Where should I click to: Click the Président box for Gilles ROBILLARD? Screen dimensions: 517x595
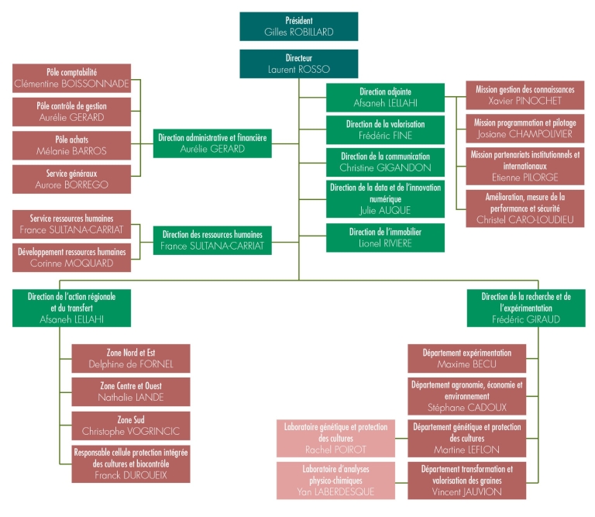pyautogui.click(x=298, y=26)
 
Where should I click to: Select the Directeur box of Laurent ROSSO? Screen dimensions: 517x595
pyautogui.click(x=298, y=64)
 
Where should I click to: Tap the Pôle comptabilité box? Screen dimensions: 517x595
pyautogui.click(x=71, y=77)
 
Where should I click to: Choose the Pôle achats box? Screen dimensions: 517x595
pyautogui.click(x=71, y=145)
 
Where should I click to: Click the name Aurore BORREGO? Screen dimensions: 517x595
pyautogui.click(x=71, y=185)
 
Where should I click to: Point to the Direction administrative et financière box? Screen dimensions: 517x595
pyautogui.click(x=212, y=143)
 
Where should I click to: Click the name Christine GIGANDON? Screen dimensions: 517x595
pyautogui.click(x=385, y=167)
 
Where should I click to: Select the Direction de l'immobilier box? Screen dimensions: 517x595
pyautogui.click(x=385, y=237)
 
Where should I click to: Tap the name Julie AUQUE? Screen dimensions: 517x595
pyautogui.click(x=385, y=210)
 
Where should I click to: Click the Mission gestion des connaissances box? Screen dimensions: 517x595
pyautogui.click(x=525, y=95)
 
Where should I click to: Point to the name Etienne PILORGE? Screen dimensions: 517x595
pyautogui.click(x=525, y=178)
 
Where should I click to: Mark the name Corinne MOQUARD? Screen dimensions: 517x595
pyautogui.click(x=71, y=263)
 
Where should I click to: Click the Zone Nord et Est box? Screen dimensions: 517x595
pyautogui.click(x=130, y=358)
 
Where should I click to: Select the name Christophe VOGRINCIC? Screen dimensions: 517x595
pyautogui.click(x=130, y=431)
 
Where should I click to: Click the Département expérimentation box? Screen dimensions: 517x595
pyautogui.click(x=466, y=358)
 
